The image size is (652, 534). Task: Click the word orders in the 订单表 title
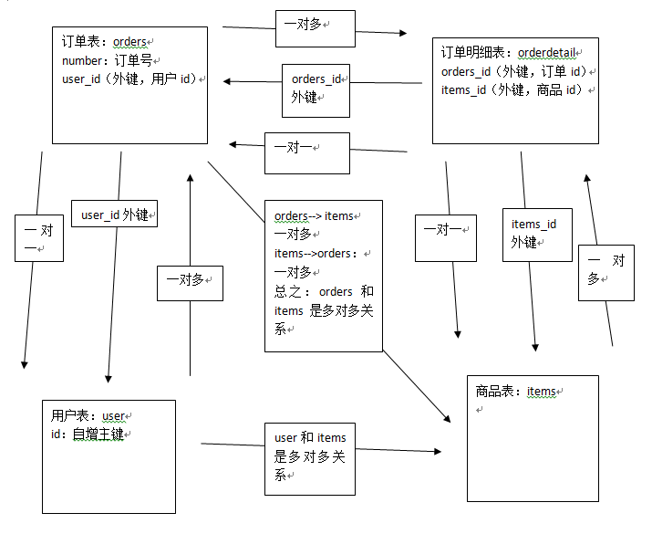coord(129,42)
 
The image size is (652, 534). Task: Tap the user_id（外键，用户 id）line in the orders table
coord(128,79)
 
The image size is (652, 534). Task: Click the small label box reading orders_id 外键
coord(316,89)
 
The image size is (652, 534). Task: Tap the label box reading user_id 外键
coord(115,215)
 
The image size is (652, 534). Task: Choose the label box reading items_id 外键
coord(537,234)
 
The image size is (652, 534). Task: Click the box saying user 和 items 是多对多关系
coord(310,457)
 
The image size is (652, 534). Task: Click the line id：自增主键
coord(88,434)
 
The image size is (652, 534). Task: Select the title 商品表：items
coord(516,392)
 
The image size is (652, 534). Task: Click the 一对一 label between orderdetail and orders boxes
coord(306,152)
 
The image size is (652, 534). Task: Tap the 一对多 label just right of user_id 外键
coord(190,281)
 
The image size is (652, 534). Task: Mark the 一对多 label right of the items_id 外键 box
coord(606,269)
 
